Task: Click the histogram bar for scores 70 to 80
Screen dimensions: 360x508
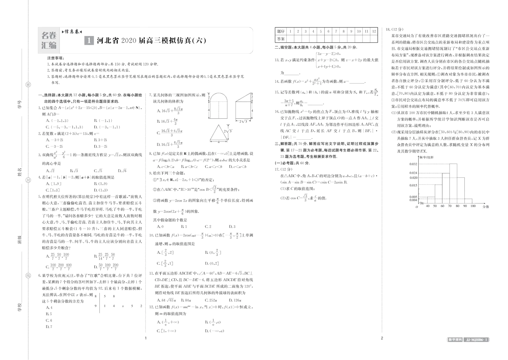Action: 453,184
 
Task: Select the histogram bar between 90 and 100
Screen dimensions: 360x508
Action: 468,201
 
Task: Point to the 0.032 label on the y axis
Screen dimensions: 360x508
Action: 413,164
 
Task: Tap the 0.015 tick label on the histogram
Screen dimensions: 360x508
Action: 413,185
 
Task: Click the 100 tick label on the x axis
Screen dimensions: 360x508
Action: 473,206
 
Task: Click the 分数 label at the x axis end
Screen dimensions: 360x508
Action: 485,207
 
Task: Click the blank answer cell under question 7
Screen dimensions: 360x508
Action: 336,39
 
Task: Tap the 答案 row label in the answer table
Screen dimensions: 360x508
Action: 280,39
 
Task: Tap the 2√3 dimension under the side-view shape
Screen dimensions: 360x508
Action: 244,121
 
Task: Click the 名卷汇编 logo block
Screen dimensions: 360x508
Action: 48,40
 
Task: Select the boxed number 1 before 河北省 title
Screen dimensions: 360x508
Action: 88,41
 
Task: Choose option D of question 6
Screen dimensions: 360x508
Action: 49,327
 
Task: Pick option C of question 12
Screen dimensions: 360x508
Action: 166,330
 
